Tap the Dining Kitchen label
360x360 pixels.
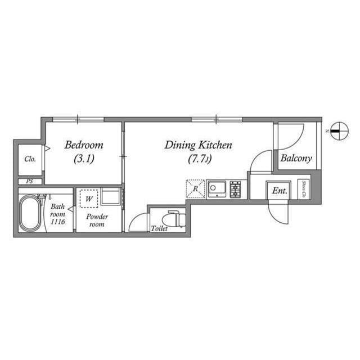[198, 145]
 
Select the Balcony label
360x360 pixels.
[296, 159]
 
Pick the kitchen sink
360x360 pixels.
[217, 189]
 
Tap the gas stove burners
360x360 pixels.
[235, 189]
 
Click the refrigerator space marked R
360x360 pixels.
[195, 189]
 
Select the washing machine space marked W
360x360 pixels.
[89, 199]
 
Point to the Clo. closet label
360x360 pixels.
[30, 159]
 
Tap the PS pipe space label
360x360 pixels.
[29, 181]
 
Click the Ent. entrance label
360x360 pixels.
[280, 191]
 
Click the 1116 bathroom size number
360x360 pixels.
[57, 222]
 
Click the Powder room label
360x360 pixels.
[97, 220]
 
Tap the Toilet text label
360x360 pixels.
[159, 229]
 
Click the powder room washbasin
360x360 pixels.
[111, 197]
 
